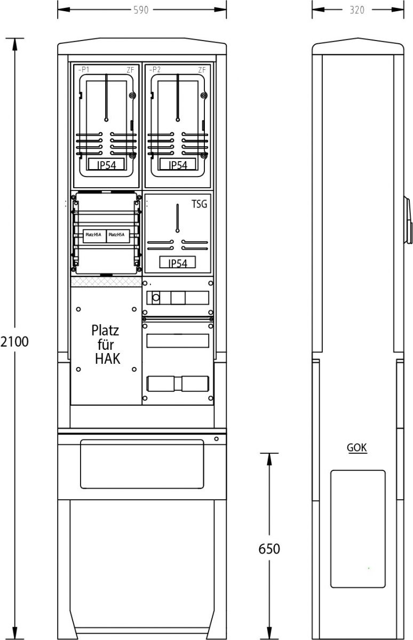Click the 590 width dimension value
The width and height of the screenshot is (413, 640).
(x=141, y=10)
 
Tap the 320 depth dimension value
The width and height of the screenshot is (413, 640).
(x=357, y=10)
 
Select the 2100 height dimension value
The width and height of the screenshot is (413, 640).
(x=14, y=342)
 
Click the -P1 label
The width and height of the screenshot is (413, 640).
(x=83, y=69)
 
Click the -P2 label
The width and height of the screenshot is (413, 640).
(x=155, y=69)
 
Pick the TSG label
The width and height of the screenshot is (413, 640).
(x=199, y=204)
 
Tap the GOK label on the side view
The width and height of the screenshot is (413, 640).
(x=356, y=447)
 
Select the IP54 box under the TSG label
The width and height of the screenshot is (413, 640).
(x=178, y=262)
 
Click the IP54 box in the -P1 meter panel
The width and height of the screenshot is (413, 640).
(x=106, y=164)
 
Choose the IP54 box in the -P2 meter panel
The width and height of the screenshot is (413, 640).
(x=178, y=164)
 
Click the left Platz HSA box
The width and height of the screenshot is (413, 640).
(x=94, y=236)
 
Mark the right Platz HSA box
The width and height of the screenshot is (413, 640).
(x=118, y=236)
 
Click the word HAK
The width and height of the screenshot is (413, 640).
(x=107, y=359)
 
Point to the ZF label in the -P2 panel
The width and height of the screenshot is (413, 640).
(x=202, y=70)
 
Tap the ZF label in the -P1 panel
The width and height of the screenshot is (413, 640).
(x=130, y=70)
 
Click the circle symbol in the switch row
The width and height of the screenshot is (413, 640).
(x=156, y=298)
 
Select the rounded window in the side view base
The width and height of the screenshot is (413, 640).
(x=358, y=529)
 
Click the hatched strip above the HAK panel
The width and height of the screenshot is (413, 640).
(x=106, y=282)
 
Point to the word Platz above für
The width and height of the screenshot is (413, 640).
(x=105, y=331)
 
